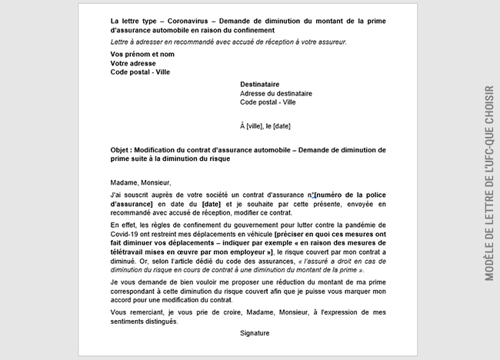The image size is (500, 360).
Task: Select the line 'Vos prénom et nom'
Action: coord(142,55)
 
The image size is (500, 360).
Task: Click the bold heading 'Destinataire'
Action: coord(259,85)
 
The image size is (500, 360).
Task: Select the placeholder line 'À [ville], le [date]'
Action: coord(265,125)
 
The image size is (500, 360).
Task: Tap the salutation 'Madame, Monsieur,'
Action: coord(138,183)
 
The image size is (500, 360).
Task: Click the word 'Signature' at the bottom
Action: coord(255,334)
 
